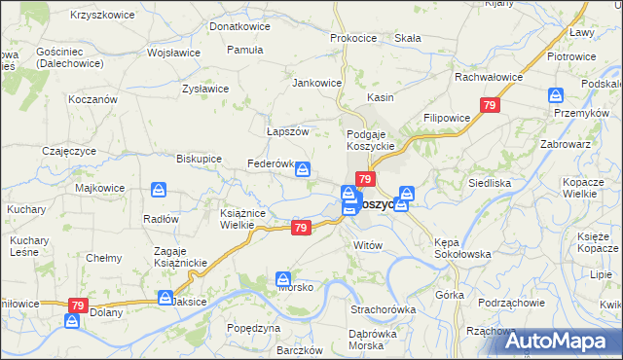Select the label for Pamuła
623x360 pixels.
pos(244,49)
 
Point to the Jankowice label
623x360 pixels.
pos(317,83)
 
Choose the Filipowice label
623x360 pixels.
pos(447,118)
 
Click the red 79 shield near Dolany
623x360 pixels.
pos(77,306)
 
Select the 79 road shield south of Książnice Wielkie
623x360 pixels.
pos(301,228)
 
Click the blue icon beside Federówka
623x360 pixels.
pos(304,169)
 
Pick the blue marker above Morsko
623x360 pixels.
pos(283,278)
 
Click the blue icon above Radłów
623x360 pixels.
pos(158,192)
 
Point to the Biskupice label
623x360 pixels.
pos(199,158)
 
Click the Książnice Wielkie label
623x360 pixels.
pos(223,219)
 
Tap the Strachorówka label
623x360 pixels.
pos(384,309)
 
